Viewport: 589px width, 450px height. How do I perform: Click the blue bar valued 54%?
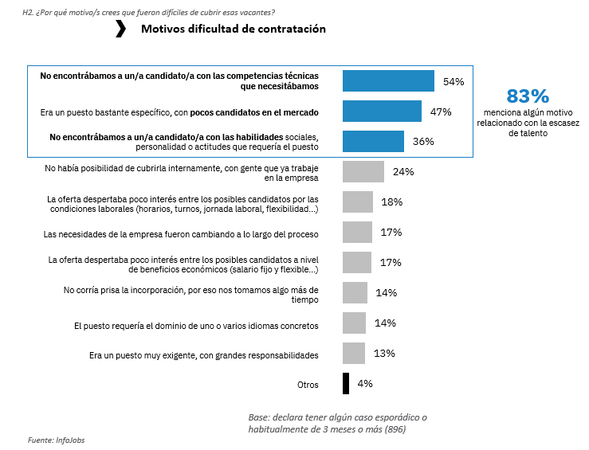coord(388,81)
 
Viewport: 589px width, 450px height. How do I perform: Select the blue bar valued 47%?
coord(382,112)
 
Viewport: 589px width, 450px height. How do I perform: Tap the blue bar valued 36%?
coord(371,141)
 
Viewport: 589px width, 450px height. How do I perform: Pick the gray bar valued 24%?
coord(363,171)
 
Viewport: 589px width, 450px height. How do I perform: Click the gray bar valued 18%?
coord(358,202)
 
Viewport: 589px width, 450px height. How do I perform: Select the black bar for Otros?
coord(346,383)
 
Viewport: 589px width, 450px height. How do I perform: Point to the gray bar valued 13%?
coord(354,353)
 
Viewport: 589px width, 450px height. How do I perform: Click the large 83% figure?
coord(528,96)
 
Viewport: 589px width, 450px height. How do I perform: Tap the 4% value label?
coord(365,383)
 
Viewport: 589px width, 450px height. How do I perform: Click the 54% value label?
coord(454,81)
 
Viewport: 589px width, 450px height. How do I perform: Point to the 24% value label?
coord(403,171)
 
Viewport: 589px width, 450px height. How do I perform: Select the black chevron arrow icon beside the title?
coord(120,29)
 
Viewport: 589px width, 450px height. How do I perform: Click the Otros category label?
coord(308,385)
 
